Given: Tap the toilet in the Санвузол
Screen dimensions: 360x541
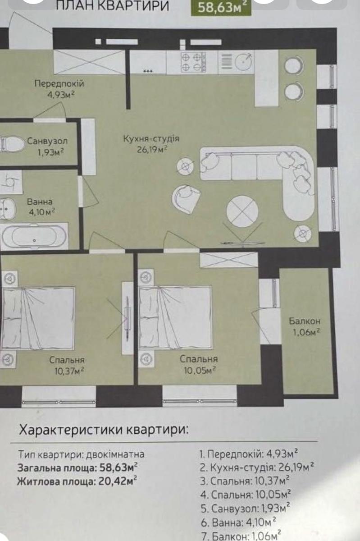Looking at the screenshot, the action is click(x=13, y=144).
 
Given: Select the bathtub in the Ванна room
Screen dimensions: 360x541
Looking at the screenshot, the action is click(x=34, y=237).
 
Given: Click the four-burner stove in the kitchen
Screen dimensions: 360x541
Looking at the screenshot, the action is click(x=194, y=62).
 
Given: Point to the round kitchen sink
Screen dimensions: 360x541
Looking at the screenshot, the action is click(x=243, y=61).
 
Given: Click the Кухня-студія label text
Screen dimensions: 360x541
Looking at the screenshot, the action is click(x=151, y=139).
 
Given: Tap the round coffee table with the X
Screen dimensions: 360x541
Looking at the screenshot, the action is click(x=242, y=211).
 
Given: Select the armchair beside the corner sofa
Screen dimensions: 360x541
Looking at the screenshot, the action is click(x=186, y=198).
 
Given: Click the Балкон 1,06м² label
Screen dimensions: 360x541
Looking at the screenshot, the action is click(x=305, y=327).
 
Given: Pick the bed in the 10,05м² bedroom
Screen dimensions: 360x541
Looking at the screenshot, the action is click(x=176, y=317).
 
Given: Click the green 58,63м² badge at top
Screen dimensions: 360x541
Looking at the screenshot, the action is click(x=221, y=8).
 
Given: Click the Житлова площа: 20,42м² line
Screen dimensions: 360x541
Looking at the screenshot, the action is click(x=77, y=481).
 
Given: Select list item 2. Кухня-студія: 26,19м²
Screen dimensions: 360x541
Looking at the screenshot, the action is click(x=257, y=468).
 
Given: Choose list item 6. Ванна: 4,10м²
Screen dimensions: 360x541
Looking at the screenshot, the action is click(x=238, y=523).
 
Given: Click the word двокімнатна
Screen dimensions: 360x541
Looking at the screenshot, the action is click(x=115, y=454).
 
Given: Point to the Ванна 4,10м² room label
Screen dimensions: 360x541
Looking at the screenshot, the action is click(x=41, y=207).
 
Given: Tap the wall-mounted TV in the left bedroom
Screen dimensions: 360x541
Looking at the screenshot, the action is click(x=128, y=319).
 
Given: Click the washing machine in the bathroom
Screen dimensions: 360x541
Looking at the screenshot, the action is click(x=11, y=181).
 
